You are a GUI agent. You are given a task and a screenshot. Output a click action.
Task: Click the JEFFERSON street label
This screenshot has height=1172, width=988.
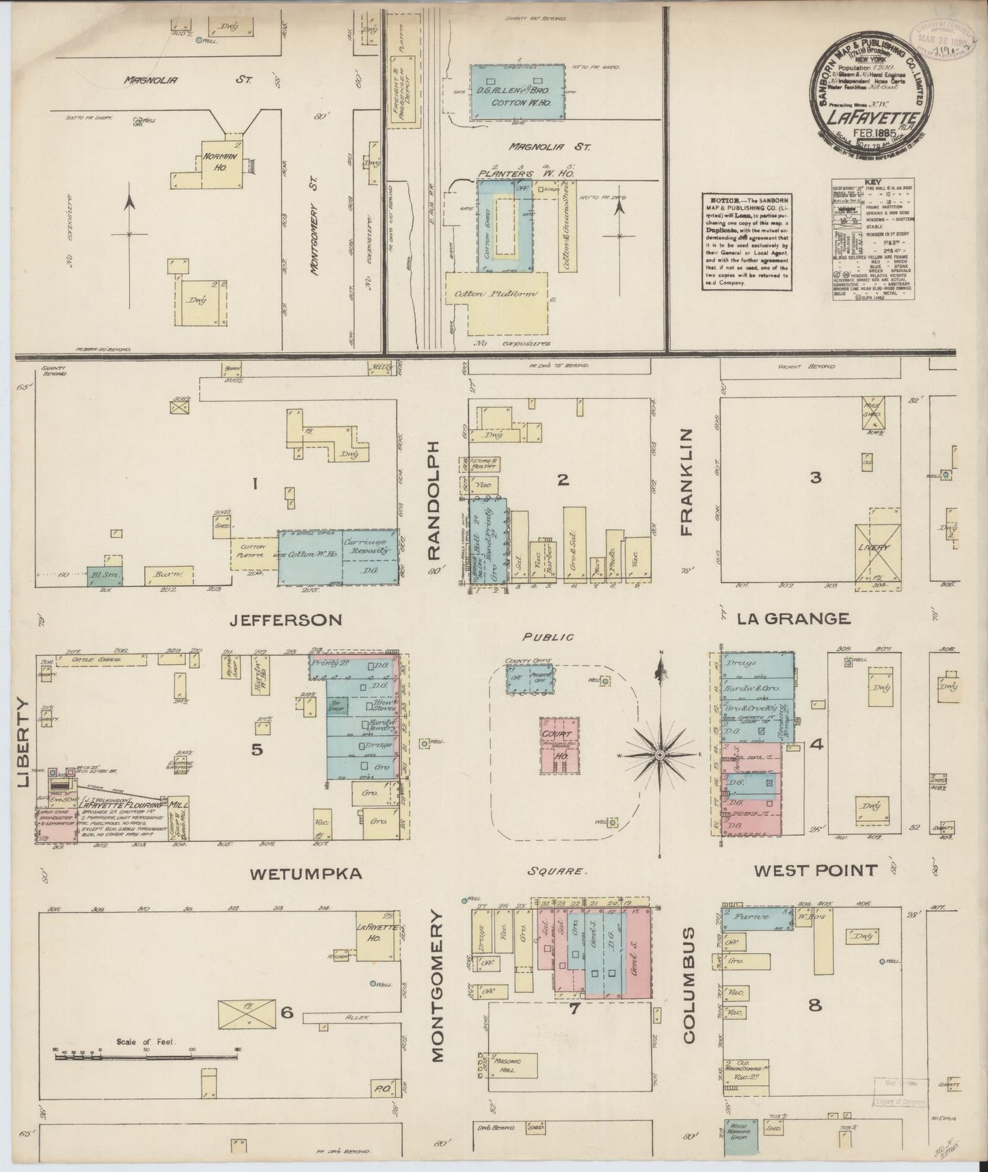point(285,620)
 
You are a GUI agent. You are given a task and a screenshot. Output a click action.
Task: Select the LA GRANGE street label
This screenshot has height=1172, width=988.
point(793,619)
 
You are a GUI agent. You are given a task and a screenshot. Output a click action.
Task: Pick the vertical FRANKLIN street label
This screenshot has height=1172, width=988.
point(686,481)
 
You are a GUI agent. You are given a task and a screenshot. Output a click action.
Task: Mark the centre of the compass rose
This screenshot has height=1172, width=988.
point(660,754)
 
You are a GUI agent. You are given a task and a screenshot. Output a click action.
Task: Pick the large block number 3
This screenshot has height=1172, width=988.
point(815,478)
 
